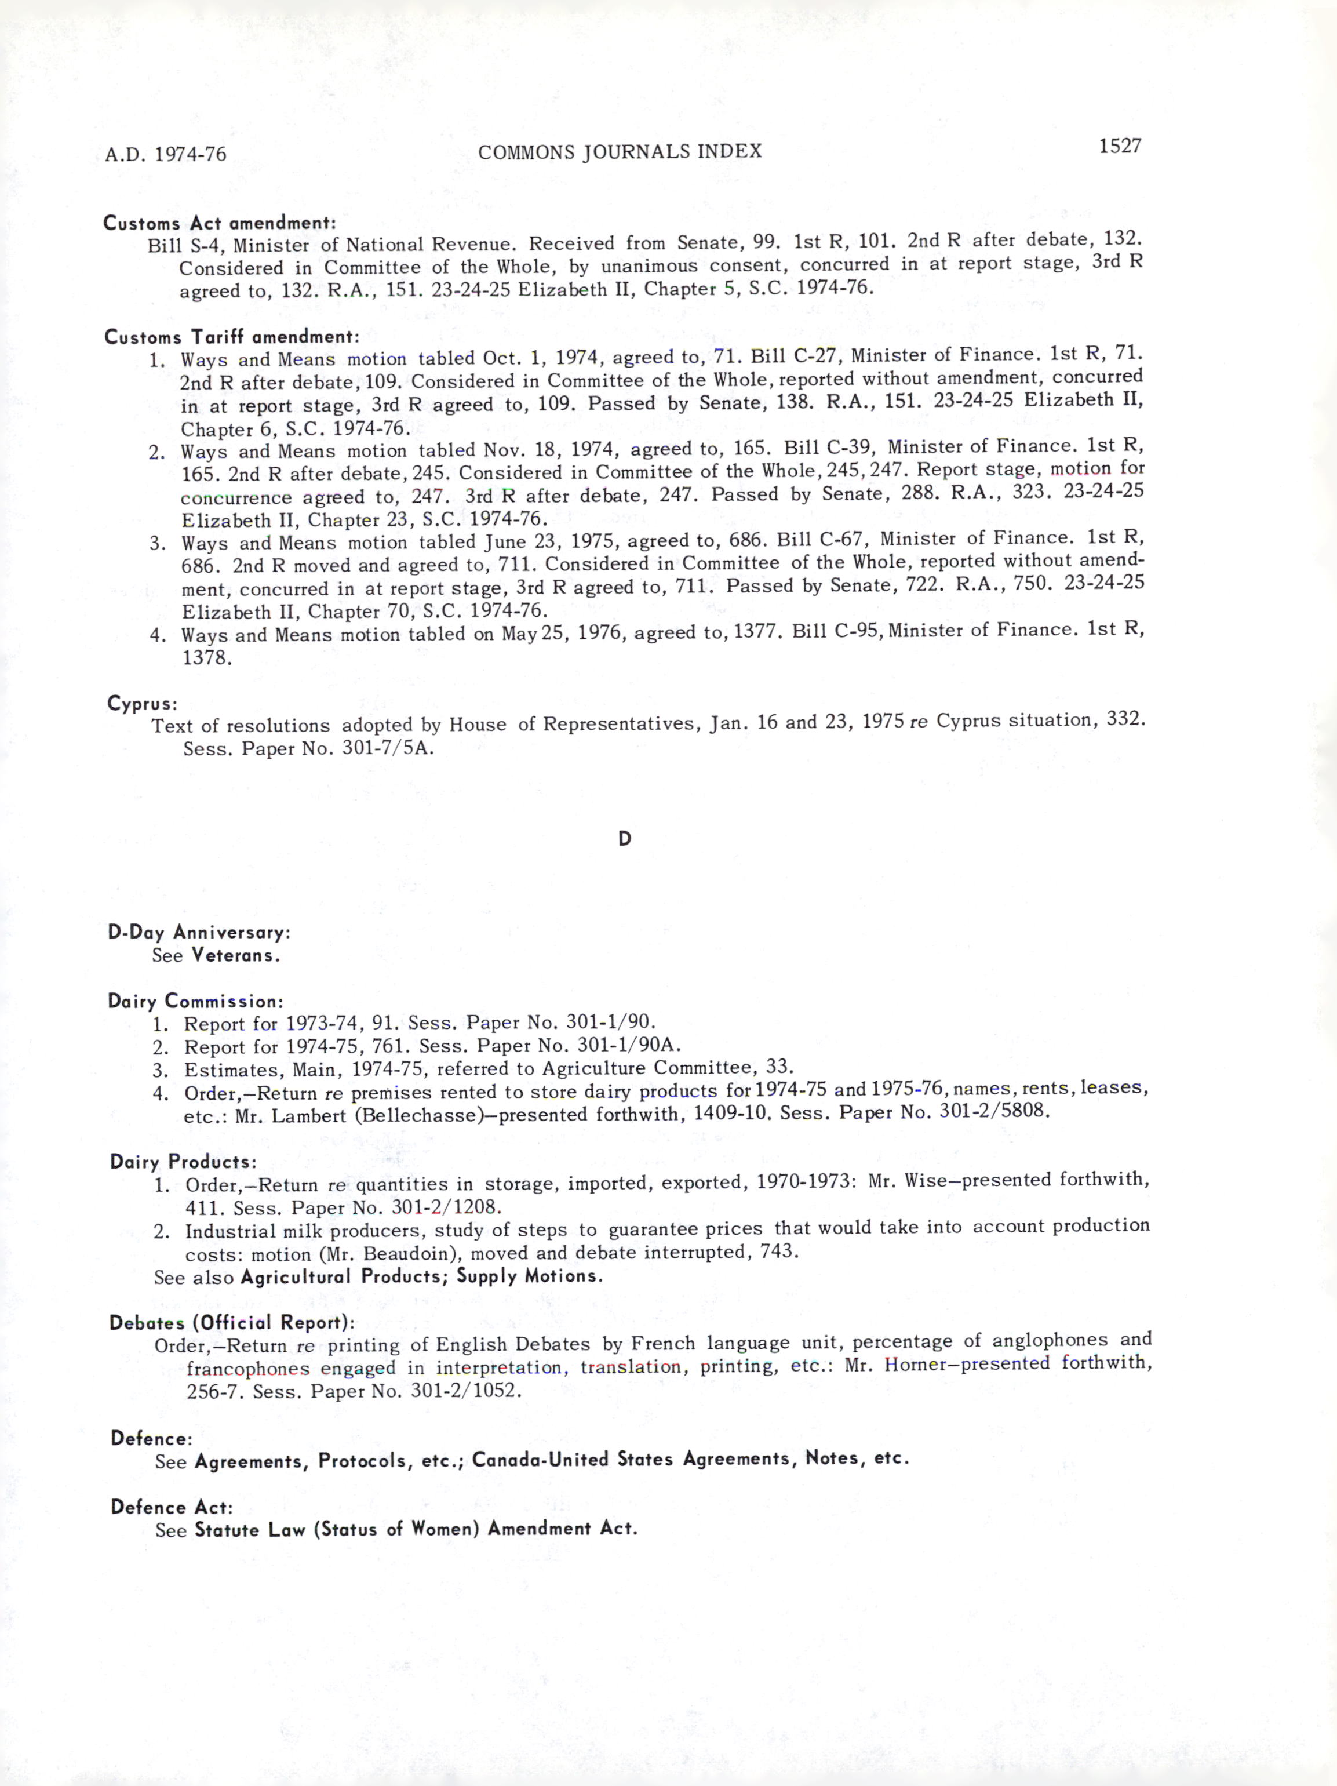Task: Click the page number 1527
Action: tap(1119, 146)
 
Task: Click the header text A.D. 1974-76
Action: tap(166, 154)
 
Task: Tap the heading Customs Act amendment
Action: tap(219, 222)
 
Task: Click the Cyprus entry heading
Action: tap(142, 703)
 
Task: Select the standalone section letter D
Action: tap(624, 839)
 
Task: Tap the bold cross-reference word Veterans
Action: tap(235, 955)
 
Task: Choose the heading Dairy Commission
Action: tap(195, 1001)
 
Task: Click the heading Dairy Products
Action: tap(183, 1161)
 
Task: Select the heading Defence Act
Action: tap(171, 1507)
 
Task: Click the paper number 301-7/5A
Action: tap(388, 748)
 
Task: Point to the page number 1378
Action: tap(207, 657)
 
